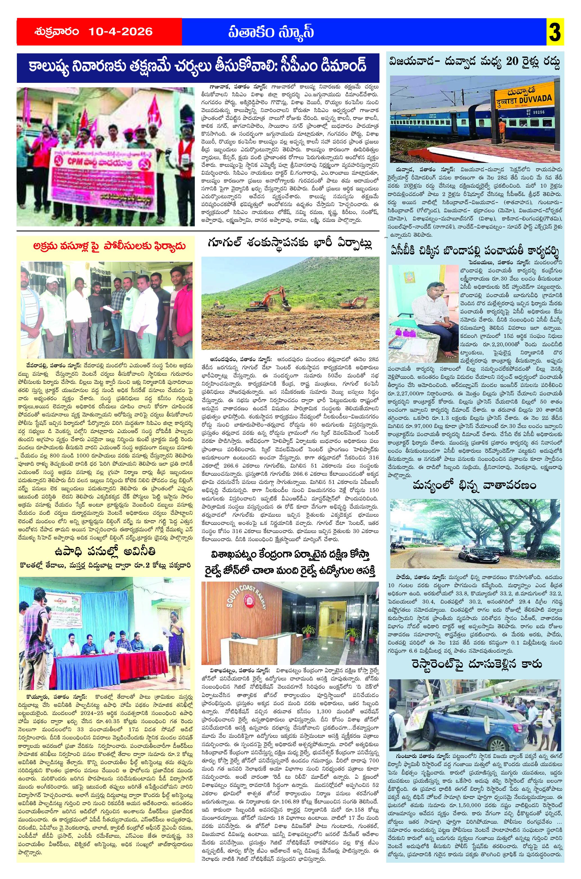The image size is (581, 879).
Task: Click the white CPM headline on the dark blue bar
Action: pyautogui.click(x=198, y=68)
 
